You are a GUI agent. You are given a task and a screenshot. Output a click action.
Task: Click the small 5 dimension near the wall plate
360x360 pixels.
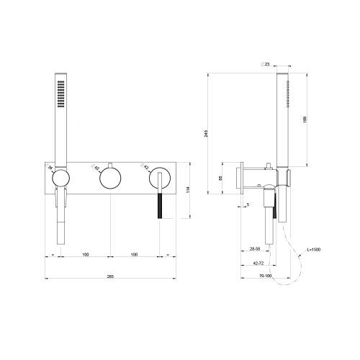[x=248, y=205]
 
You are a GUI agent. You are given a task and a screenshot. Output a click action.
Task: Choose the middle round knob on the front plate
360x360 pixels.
[x=110, y=177]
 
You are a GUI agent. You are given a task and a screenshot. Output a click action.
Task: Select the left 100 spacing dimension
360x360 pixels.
[x=85, y=254]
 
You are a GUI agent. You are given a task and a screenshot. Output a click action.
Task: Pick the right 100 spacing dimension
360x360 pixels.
[x=135, y=254]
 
